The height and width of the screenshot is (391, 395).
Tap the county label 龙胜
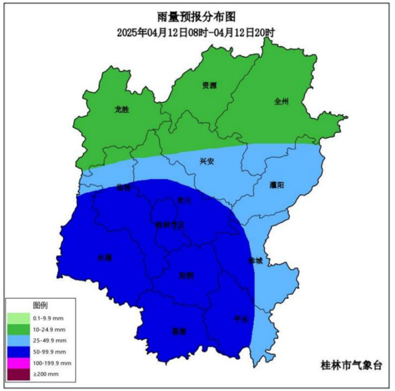[122, 110]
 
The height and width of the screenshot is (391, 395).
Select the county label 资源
[209, 86]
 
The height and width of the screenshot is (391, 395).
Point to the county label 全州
[281, 102]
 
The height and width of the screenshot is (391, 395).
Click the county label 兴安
[207, 162]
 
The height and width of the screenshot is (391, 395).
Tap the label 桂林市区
[170, 225]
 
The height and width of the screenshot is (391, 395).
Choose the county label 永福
[105, 258]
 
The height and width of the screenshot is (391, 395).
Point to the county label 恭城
[255, 261]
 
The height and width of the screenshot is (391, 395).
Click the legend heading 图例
[40, 306]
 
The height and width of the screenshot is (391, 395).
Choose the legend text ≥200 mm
[46, 374]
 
